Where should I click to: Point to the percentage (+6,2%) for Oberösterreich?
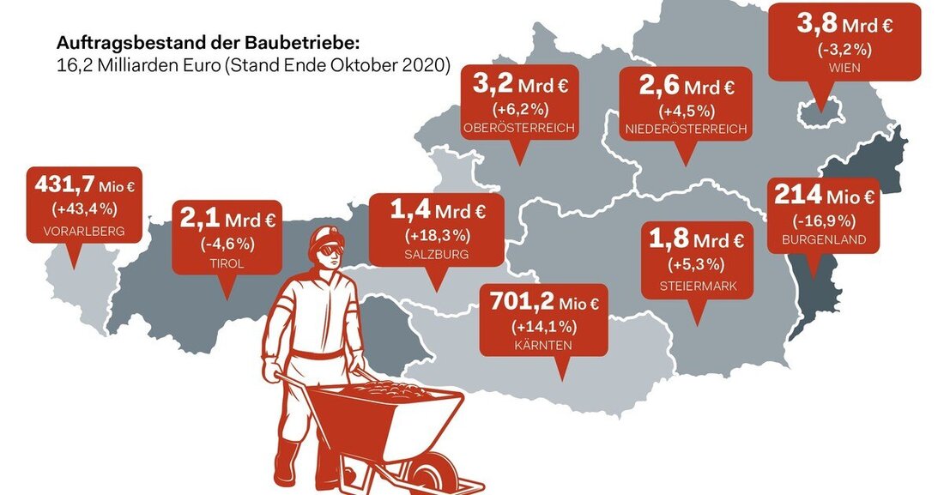519,110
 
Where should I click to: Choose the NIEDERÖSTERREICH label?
687,130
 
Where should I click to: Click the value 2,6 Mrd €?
687,87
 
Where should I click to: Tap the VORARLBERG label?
83,231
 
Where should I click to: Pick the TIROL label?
227,263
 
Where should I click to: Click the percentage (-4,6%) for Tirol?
227,244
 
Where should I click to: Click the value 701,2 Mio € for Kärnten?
544,302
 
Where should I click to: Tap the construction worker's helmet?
326,236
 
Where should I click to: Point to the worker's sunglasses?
330,251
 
